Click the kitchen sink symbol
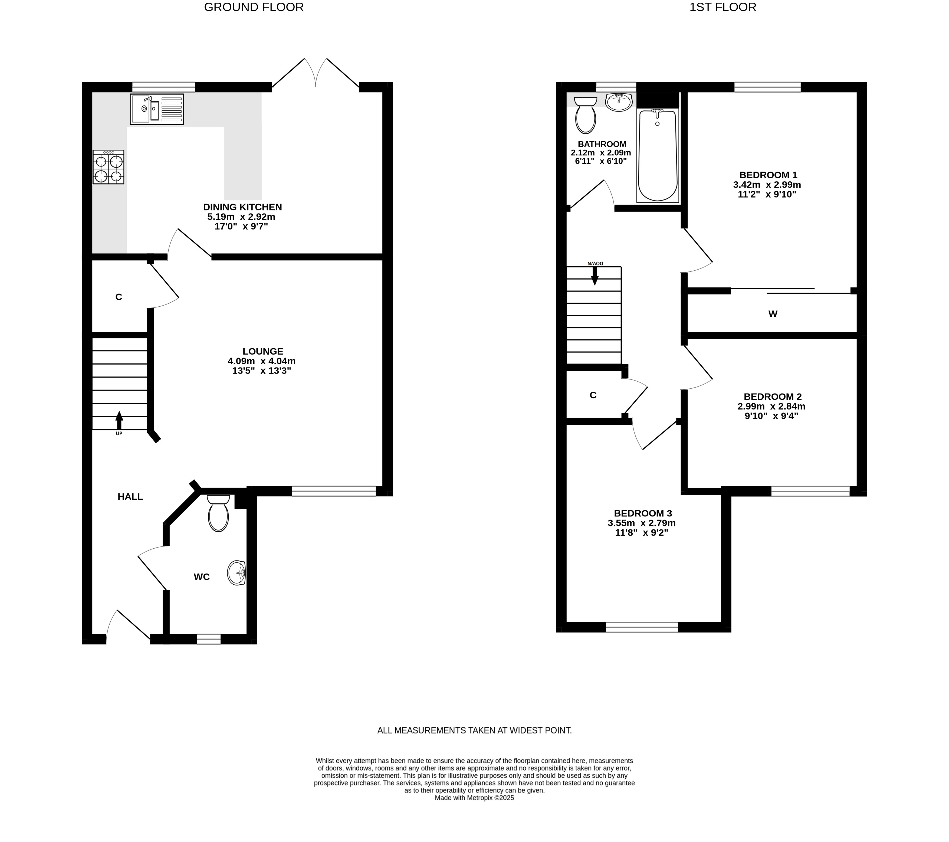pyautogui.click(x=157, y=109)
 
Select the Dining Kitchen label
pyautogui.click(x=242, y=207)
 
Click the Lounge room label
pyautogui.click(x=263, y=352)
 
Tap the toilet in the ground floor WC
pyautogui.click(x=218, y=513)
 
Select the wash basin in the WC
pyautogui.click(x=236, y=573)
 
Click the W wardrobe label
pyautogui.click(x=773, y=314)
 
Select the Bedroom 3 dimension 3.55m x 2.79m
pyautogui.click(x=642, y=523)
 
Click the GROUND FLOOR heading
pyautogui.click(x=254, y=7)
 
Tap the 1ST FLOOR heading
pyautogui.click(x=723, y=7)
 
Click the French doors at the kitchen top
pyautogui.click(x=316, y=73)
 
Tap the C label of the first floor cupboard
pyautogui.click(x=593, y=395)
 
